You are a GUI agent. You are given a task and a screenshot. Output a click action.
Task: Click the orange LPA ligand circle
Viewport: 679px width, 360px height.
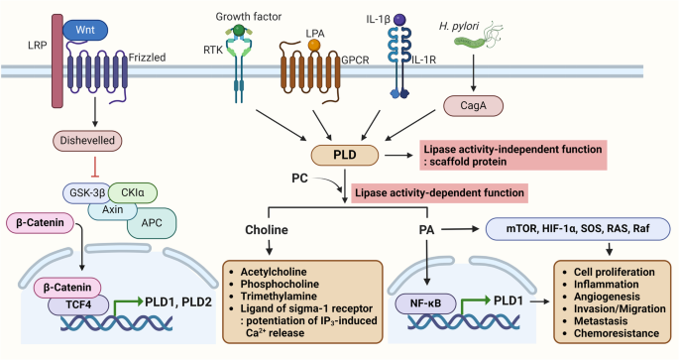coord(314,46)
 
